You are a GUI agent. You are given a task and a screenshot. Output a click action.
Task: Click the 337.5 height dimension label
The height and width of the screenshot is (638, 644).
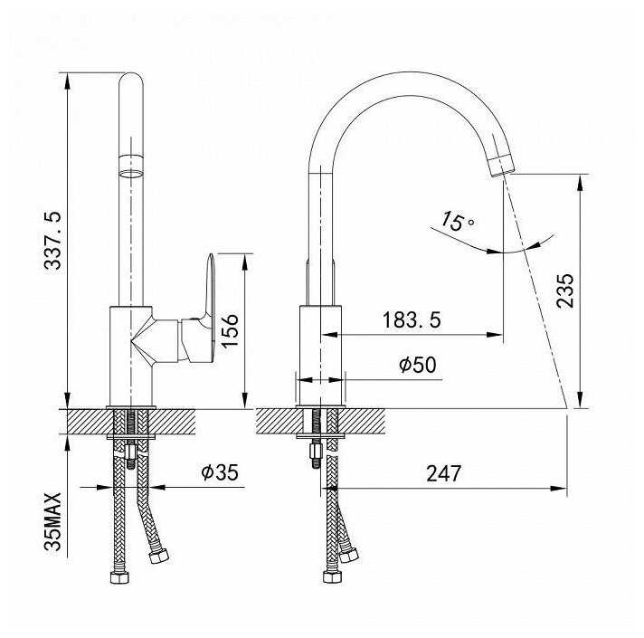pyautogui.click(x=53, y=241)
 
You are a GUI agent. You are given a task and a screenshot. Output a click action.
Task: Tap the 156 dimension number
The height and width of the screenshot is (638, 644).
pyautogui.click(x=230, y=331)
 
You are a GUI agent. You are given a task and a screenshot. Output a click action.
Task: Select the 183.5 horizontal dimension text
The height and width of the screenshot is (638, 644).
pyautogui.click(x=412, y=320)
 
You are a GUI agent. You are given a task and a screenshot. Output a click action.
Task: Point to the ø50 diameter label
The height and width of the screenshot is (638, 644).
pyautogui.click(x=418, y=365)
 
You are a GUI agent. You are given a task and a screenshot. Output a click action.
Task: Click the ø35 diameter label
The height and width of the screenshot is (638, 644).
pyautogui.click(x=220, y=472)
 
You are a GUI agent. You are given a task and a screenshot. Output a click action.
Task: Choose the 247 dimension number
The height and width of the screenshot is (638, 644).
pyautogui.click(x=443, y=473)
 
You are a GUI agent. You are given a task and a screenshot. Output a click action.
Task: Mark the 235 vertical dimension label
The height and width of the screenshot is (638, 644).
pyautogui.click(x=565, y=290)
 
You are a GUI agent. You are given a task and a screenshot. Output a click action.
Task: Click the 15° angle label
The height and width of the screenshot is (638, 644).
pyautogui.click(x=458, y=222)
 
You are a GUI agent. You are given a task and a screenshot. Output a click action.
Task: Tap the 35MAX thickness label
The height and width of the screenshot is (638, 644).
pyautogui.click(x=53, y=522)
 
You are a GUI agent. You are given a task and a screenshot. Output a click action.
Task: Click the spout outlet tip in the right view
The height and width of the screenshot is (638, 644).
pyautogui.click(x=502, y=167)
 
